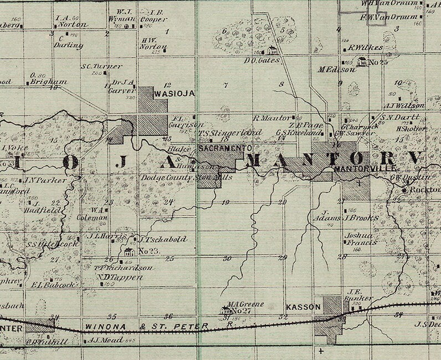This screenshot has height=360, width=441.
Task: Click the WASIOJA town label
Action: coord(176,94)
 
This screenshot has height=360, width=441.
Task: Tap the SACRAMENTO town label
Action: coord(225,148)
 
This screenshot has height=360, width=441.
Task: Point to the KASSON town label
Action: coord(304,306)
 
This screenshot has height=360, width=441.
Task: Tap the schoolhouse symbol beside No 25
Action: coord(363,61)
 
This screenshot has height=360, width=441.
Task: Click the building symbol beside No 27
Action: coord(226,311)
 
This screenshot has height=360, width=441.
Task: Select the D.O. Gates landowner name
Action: coord(262,59)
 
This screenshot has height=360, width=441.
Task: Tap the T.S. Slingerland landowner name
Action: coord(230,133)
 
